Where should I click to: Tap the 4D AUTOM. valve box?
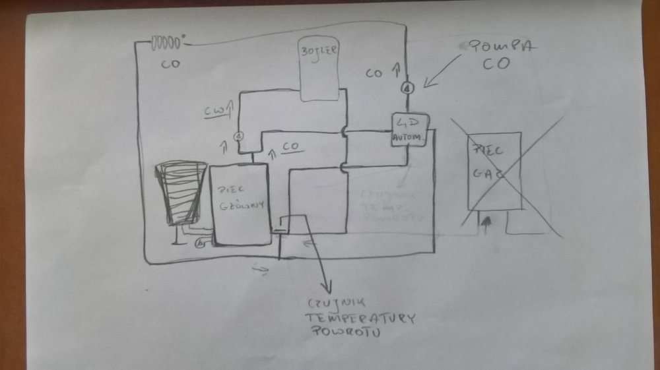click(410, 130)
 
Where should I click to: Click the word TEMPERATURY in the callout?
click(360, 319)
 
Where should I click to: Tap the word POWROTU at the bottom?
click(343, 333)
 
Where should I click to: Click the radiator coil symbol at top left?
click(166, 44)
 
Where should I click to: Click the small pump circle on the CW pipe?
click(239, 135)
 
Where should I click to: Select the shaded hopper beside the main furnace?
click(178, 193)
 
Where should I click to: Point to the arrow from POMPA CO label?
click(443, 71)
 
